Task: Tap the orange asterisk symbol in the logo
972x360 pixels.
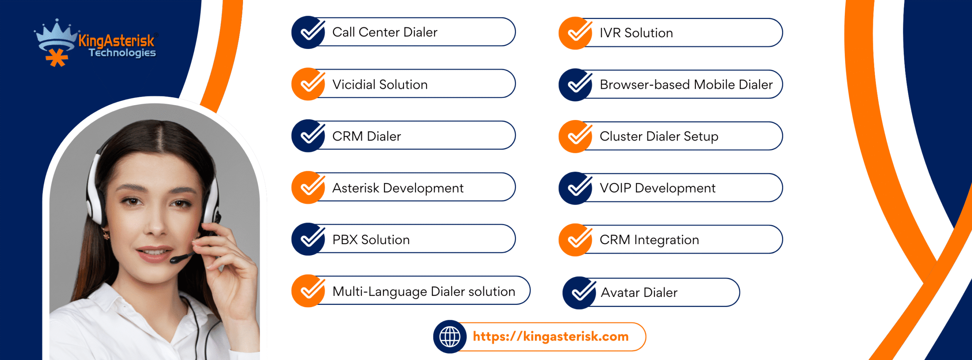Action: pyautogui.click(x=57, y=58)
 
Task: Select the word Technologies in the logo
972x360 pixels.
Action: pyautogui.click(x=122, y=52)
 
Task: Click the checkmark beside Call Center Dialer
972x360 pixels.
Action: pyautogui.click(x=308, y=32)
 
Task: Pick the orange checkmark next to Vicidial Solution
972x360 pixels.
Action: pyautogui.click(x=308, y=84)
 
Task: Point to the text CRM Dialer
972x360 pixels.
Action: pyautogui.click(x=366, y=136)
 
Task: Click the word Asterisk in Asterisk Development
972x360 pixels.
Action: pyautogui.click(x=356, y=188)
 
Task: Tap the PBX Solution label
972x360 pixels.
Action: pyautogui.click(x=371, y=240)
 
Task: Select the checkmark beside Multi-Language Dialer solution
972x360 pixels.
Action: pyautogui.click(x=308, y=291)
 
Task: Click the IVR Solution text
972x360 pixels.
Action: pyautogui.click(x=636, y=33)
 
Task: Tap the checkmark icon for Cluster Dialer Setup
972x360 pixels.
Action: pyautogui.click(x=576, y=136)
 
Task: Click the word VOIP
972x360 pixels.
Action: pyautogui.click(x=615, y=188)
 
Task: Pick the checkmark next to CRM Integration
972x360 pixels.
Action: pyautogui.click(x=576, y=240)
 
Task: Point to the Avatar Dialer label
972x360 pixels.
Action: pyautogui.click(x=639, y=292)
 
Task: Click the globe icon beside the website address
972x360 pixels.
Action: pyautogui.click(x=450, y=336)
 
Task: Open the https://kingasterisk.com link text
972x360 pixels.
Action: pyautogui.click(x=551, y=336)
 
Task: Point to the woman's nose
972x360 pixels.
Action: pyautogui.click(x=156, y=224)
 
